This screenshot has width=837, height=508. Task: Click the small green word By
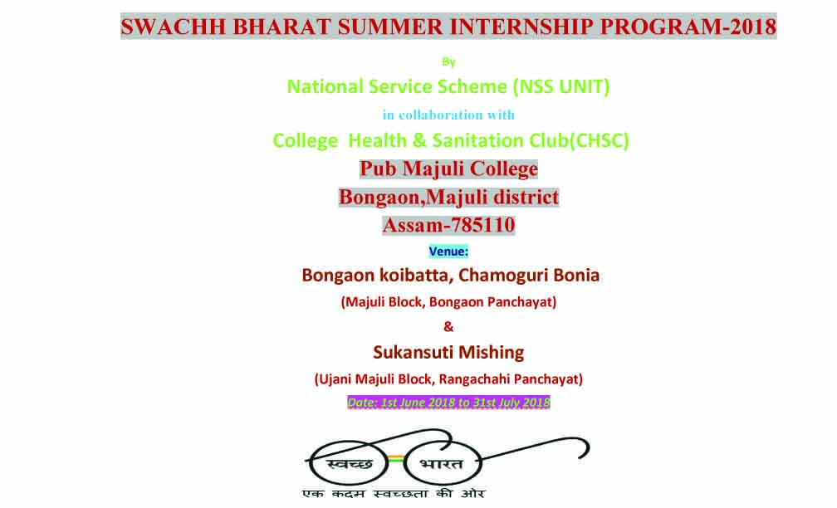click(448, 62)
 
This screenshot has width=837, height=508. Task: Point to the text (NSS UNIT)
click(561, 86)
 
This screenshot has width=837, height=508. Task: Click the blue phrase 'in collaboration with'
click(448, 115)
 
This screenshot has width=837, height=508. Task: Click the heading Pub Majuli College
click(448, 169)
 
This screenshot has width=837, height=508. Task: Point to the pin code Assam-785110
click(448, 225)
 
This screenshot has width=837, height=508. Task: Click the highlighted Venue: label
click(448, 252)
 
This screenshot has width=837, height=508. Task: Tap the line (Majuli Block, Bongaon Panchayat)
click(448, 302)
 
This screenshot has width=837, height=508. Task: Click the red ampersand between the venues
click(448, 326)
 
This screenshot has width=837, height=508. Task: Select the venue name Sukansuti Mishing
click(448, 353)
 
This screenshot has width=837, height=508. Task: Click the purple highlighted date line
click(448, 403)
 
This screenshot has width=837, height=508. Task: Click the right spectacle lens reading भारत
click(442, 463)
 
